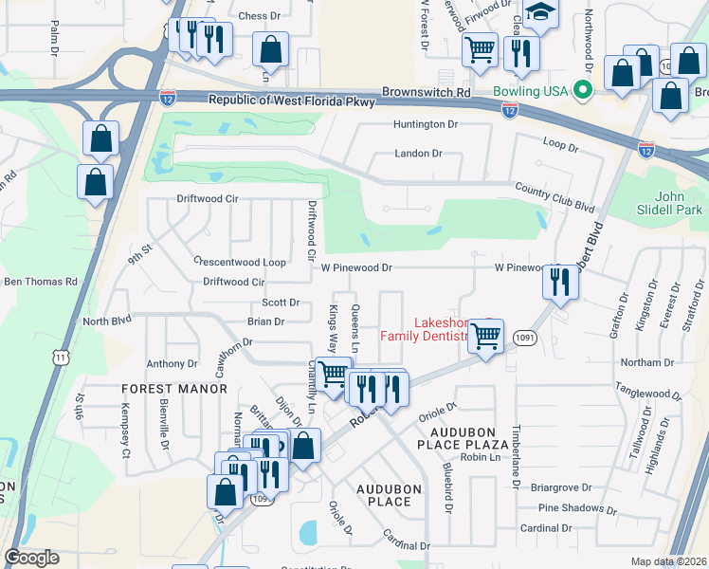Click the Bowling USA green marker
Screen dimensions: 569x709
[583, 91]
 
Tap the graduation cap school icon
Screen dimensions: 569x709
[541, 12]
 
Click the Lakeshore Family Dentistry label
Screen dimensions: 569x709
[426, 328]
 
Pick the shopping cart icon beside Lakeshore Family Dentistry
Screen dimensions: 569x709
[486, 336]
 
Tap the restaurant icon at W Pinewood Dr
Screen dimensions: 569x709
[559, 283]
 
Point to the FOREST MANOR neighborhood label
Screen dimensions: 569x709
[173, 389]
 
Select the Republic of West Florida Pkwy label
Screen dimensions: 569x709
[291, 100]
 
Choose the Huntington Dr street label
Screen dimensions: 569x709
[426, 124]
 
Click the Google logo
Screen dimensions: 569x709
[31, 558]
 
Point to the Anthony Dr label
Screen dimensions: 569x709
[172, 363]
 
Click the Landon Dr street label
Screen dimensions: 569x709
[418, 154]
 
